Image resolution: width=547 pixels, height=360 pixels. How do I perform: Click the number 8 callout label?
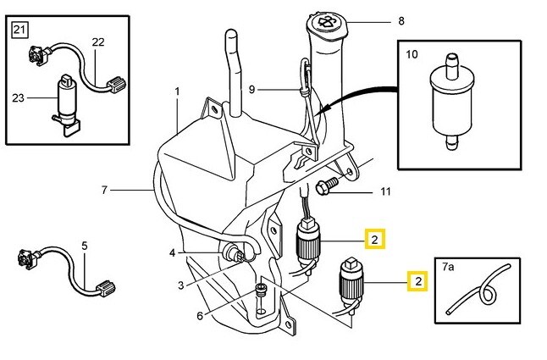(401, 20)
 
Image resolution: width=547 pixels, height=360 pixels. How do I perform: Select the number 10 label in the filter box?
(412, 56)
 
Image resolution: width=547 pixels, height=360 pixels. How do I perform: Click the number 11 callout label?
(385, 192)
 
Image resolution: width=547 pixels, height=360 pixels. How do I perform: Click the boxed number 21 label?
(19, 32)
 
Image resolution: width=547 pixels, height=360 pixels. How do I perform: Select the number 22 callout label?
(98, 42)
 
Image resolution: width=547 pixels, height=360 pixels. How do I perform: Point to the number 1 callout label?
(178, 91)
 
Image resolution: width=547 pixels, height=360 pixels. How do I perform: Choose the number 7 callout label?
(104, 190)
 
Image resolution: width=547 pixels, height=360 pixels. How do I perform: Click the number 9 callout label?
(251, 89)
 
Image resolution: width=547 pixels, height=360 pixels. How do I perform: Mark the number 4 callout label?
(172, 252)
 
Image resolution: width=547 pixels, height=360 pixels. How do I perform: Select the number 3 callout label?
(180, 285)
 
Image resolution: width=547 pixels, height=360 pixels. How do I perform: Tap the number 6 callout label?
(199, 316)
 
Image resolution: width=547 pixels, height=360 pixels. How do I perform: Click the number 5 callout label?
(84, 246)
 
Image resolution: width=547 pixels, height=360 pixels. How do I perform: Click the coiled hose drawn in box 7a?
(484, 292)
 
